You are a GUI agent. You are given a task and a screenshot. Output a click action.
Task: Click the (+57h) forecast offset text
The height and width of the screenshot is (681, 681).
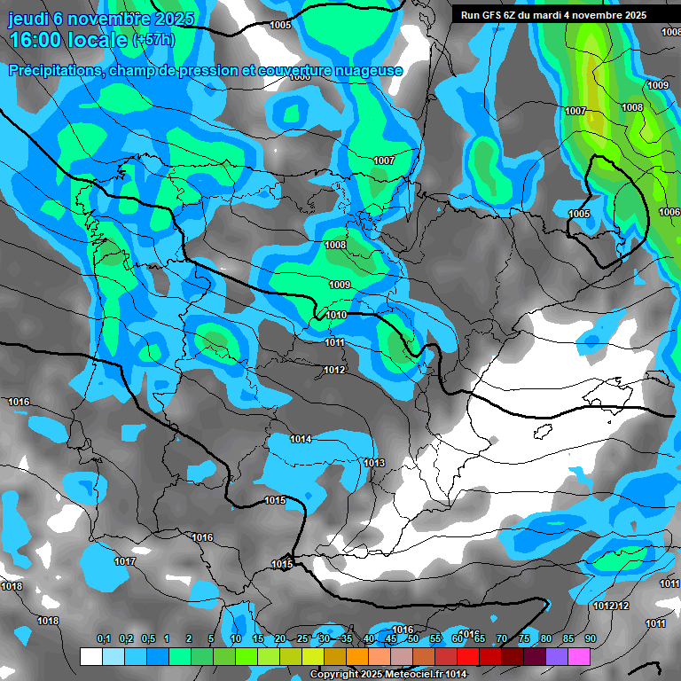(153, 40)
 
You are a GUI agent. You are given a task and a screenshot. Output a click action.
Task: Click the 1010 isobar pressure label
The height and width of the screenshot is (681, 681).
(336, 315)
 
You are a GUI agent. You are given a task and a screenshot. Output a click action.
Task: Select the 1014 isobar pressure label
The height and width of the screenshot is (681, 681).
(301, 439)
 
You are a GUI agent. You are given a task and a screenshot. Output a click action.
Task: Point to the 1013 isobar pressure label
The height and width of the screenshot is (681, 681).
(374, 463)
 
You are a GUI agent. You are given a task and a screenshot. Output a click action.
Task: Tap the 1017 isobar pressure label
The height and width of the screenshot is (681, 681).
(125, 561)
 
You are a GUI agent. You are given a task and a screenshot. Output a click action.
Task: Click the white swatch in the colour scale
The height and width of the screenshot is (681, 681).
(90, 656)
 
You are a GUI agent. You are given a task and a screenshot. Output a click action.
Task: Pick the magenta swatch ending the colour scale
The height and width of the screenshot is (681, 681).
(579, 656)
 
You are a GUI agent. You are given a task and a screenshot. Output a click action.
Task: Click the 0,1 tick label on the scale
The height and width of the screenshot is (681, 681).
(103, 639)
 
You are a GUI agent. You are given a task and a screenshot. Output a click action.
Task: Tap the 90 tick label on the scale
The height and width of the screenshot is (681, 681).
(590, 639)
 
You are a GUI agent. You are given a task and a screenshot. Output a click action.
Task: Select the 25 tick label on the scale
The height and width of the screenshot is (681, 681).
(302, 639)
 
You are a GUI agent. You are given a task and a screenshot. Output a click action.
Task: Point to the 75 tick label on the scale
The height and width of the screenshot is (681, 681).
(524, 639)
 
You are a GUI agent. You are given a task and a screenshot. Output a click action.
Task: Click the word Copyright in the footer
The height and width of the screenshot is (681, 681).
(334, 675)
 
